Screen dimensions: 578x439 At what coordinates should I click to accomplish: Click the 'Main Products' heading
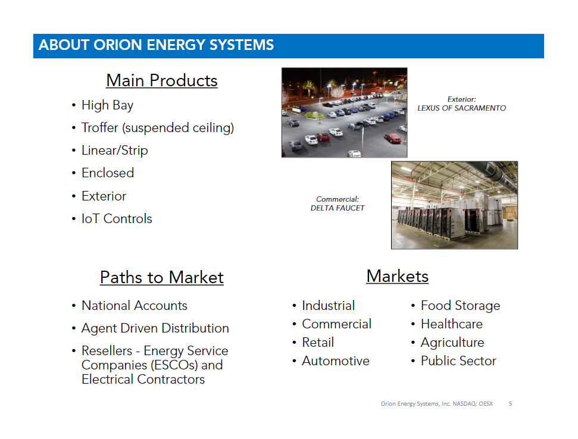coord(162,81)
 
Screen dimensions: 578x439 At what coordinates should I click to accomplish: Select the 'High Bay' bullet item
coord(107,105)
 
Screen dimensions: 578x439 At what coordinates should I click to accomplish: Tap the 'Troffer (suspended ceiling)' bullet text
coord(158,128)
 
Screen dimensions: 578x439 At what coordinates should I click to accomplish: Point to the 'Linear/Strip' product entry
coord(115,150)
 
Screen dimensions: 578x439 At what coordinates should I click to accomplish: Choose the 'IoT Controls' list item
coord(117,219)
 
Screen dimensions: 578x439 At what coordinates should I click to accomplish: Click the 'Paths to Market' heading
coord(162,277)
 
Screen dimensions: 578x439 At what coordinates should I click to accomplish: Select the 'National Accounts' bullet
coord(135,306)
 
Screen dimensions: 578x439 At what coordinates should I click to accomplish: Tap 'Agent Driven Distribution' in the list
coord(155,328)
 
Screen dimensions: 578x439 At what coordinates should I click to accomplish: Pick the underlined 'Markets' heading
coord(398,276)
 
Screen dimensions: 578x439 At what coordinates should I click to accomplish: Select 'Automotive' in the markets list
coord(336,361)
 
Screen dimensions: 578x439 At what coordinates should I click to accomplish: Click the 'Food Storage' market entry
coord(460,306)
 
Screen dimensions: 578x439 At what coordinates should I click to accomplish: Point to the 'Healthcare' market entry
coord(452,324)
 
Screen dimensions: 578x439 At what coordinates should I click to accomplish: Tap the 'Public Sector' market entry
coord(458,361)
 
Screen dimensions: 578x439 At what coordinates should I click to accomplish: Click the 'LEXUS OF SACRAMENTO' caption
coord(461,108)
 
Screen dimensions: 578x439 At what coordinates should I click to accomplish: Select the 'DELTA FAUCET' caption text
coord(338,208)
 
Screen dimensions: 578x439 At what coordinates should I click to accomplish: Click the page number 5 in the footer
coord(510,404)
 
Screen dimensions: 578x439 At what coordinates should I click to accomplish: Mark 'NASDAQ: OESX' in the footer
coord(473,404)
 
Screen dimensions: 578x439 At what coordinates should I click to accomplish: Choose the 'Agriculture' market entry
coord(452,343)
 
